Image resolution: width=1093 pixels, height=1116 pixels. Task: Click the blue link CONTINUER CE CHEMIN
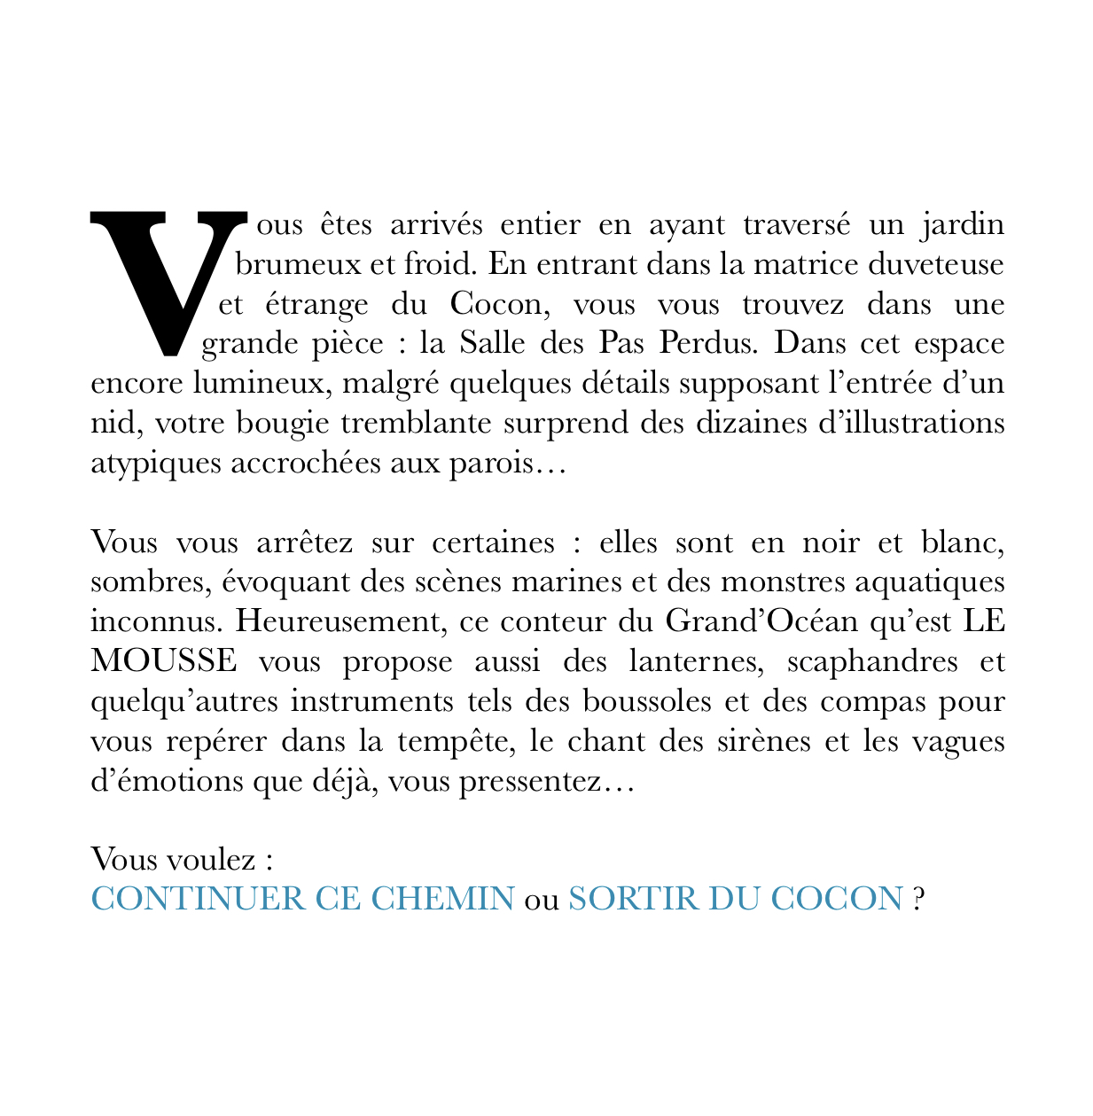(302, 898)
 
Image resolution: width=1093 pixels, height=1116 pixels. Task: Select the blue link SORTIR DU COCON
(735, 898)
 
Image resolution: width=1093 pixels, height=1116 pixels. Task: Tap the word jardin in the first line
(963, 224)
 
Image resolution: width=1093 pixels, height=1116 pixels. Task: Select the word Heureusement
(337, 621)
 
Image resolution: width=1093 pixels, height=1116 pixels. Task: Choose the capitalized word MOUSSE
(165, 661)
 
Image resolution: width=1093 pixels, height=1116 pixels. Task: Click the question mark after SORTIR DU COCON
(918, 898)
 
